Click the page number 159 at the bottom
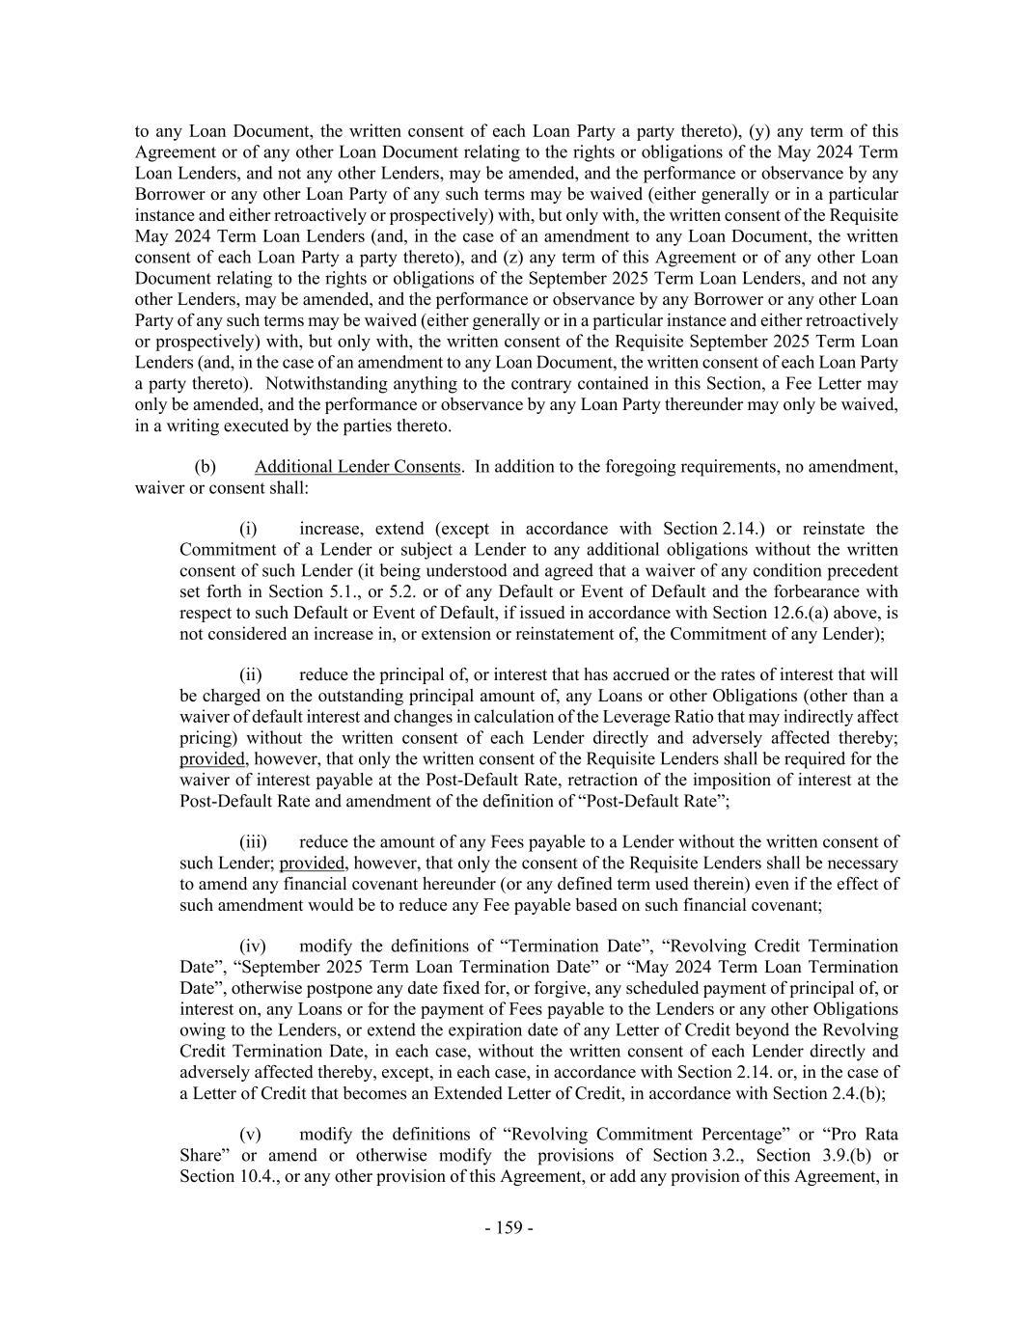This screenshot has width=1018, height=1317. click(509, 1227)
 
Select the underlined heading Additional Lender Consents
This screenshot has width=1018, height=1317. click(357, 467)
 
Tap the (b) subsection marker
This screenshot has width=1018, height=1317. click(205, 467)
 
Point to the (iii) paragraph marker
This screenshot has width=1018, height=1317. click(252, 842)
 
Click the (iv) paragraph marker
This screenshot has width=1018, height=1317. click(252, 947)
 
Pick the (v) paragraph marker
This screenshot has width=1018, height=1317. click(250, 1135)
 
